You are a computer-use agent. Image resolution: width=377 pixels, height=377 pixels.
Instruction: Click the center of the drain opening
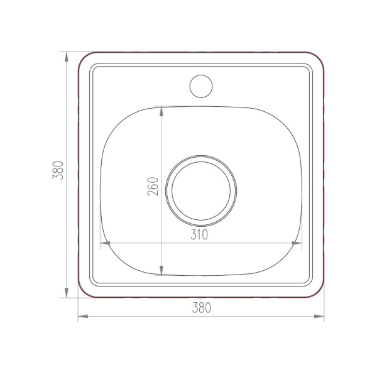click(201, 191)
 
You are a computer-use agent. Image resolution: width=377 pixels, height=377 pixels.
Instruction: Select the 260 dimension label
click(153, 187)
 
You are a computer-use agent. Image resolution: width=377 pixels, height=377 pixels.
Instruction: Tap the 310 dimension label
click(199, 234)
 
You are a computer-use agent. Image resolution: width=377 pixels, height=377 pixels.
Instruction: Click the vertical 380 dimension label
click(58, 170)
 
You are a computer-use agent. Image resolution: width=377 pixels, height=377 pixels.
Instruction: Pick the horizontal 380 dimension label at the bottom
click(202, 307)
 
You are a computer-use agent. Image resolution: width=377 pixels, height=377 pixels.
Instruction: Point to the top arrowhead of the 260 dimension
click(161, 111)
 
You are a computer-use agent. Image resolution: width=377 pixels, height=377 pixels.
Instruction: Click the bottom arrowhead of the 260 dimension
click(161, 270)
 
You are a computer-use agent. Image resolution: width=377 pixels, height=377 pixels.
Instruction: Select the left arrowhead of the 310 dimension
click(105, 243)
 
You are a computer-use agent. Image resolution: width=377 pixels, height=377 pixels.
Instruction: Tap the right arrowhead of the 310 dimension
click(297, 243)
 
